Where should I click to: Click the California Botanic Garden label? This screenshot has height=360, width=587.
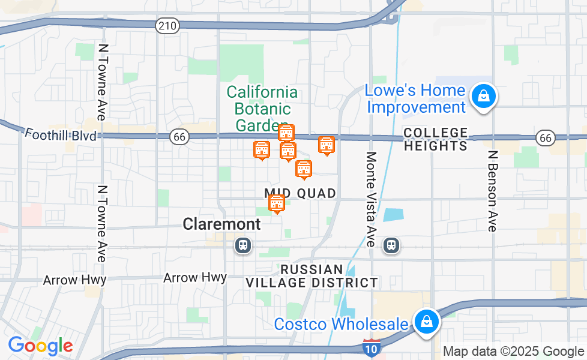262,109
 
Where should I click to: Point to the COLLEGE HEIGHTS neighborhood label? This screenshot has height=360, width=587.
435,139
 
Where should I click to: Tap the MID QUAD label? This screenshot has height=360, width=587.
300,193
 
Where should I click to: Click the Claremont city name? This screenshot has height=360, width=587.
221,224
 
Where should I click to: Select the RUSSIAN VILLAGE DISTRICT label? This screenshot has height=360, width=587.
312,276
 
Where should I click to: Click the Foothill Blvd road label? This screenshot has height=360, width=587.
61,135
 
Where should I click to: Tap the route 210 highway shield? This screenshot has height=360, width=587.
166,25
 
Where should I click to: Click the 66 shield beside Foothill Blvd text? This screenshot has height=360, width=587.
179,137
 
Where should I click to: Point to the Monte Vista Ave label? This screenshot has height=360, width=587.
372,199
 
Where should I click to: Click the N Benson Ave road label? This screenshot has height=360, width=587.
493,191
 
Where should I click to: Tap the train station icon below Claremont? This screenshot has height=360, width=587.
242,245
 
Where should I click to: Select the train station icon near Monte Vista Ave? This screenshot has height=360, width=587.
391,245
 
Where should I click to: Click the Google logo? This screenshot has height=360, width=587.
40,346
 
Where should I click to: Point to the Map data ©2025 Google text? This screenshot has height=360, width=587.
514,352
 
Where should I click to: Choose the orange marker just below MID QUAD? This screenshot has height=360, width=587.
277,203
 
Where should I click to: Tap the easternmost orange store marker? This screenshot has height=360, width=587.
326,145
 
